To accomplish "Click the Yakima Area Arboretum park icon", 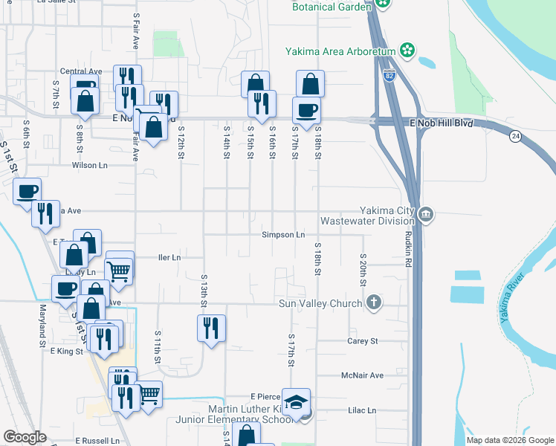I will pos(407,51).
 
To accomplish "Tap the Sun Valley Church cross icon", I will pos(374,303).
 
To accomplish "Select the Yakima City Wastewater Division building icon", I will pos(425,215).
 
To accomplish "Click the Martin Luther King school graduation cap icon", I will pos(297,403).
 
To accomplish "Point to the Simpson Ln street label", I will pos(283,235).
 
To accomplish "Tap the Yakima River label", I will pos(511,298).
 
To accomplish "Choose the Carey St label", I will pos(363,341).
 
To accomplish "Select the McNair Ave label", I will pos(362,375).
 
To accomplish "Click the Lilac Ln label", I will pos(363,410).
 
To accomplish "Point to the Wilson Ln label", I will pos(90,165).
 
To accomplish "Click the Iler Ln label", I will pos(169,258).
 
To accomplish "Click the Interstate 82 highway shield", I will pos(390,75).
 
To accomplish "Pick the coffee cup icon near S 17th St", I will pos(306,111).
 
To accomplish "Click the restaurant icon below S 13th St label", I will pos(211,327).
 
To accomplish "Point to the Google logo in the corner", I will pos(25,437).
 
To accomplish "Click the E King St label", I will pos(65,351).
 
